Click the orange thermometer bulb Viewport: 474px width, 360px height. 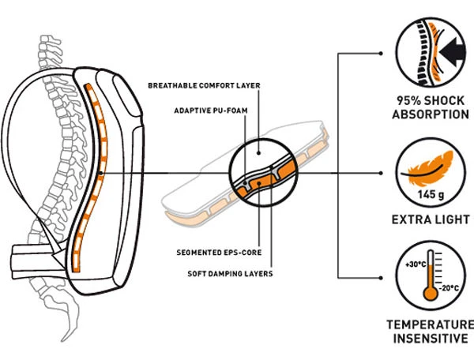tap(429, 293)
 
